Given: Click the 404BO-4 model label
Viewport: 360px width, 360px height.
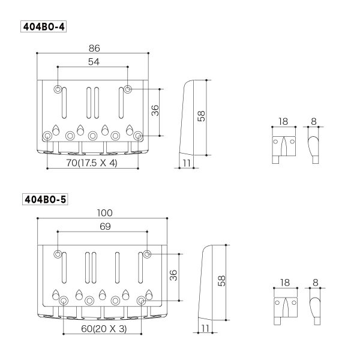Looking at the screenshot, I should (x=44, y=28).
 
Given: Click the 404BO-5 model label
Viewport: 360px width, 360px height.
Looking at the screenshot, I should (x=44, y=199).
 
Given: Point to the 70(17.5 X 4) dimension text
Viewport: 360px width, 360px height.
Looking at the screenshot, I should (x=92, y=162).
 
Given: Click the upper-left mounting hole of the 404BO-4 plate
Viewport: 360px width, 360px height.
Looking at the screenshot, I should (x=58, y=90).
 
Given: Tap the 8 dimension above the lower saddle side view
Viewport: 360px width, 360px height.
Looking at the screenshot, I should (x=315, y=282).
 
